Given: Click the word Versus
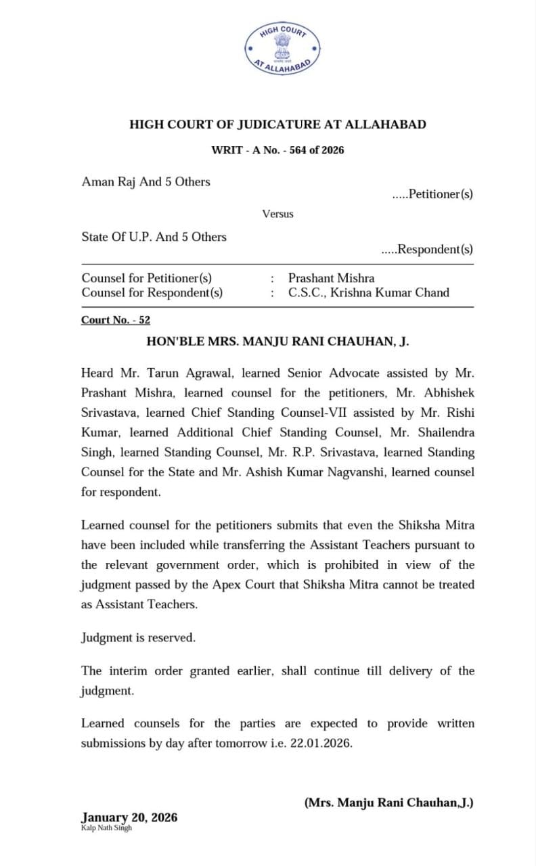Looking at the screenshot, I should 278,214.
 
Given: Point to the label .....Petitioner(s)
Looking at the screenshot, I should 432,194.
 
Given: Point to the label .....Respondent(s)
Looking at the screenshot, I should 427,250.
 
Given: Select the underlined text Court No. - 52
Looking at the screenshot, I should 116,320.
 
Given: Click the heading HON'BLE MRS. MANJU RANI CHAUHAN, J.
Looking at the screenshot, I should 278,342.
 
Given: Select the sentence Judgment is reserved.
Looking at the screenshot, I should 139,637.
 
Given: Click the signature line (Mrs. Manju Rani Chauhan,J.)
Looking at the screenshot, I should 388,802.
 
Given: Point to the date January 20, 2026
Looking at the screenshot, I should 129,817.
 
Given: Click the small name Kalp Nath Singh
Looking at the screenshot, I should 106,828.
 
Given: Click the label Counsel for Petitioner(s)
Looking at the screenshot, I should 147,277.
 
